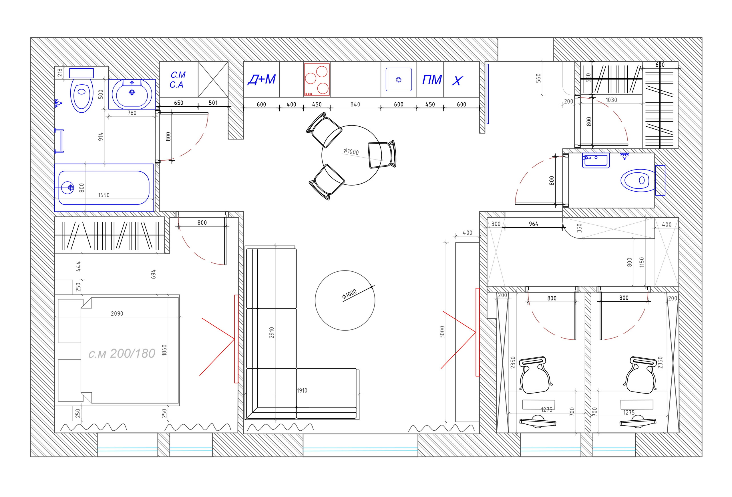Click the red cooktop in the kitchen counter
[x=317, y=79]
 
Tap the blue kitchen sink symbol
[x=399, y=80]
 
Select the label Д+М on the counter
[x=262, y=79]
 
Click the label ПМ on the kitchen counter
[x=432, y=80]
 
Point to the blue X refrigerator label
[x=457, y=81]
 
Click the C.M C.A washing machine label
[x=178, y=80]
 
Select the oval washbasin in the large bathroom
[x=132, y=94]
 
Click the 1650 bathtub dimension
[x=104, y=195]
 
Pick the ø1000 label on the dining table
[x=351, y=152]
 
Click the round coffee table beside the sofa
[x=345, y=301]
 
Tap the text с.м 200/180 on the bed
[x=122, y=354]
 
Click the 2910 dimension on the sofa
[x=272, y=333]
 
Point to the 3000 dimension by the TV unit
[x=442, y=332]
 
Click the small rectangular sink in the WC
[x=596, y=160]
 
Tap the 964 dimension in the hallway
[x=534, y=224]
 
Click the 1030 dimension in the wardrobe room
[x=611, y=100]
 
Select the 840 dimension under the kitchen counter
[x=355, y=104]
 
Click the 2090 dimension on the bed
[x=117, y=313]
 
